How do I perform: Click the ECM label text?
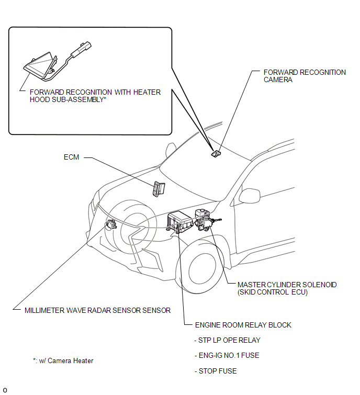click(x=71, y=157)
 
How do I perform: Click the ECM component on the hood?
click(x=159, y=189)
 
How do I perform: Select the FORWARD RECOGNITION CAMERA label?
click(x=305, y=76)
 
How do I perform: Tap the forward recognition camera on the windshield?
click(x=216, y=153)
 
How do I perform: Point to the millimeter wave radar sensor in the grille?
click(x=111, y=224)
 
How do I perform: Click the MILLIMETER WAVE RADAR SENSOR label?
click(x=97, y=310)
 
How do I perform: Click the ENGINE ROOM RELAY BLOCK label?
click(x=243, y=325)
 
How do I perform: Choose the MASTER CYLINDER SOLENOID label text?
click(x=287, y=285)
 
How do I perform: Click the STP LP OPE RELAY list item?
click(x=227, y=341)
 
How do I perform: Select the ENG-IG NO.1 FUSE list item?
click(x=227, y=355)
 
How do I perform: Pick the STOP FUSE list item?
click(x=216, y=371)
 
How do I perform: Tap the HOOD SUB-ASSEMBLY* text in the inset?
click(x=68, y=100)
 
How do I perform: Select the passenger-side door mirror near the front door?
click(x=249, y=196)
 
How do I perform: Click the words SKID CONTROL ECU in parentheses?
click(x=272, y=292)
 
